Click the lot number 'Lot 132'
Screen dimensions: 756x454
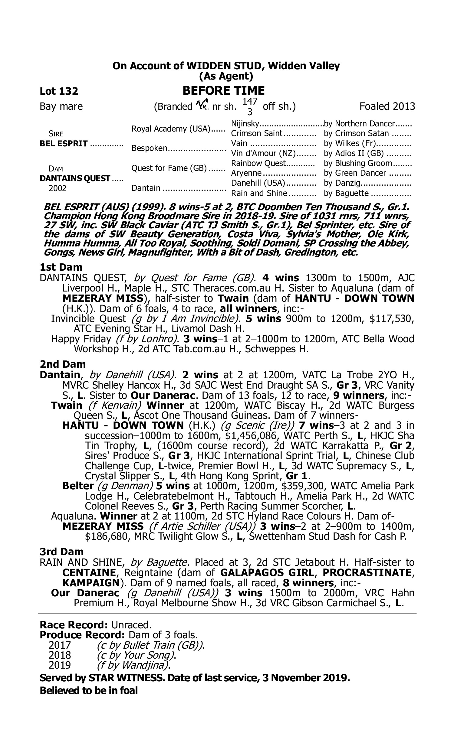pyautogui.click(x=59, y=91)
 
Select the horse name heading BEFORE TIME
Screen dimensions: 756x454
pyautogui.click(x=223, y=91)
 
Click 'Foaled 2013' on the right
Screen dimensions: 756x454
pyautogui.click(x=387, y=106)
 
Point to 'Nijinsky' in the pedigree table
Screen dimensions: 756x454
pyautogui.click(x=245, y=124)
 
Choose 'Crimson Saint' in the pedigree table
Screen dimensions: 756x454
pyautogui.click(x=256, y=134)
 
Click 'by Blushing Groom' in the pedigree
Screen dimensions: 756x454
pyautogui.click(x=358, y=163)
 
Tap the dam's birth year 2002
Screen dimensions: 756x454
pyautogui.click(x=58, y=188)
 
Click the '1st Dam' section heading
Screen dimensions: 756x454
pyautogui.click(x=61, y=267)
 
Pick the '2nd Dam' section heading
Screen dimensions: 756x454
pyautogui.click(x=63, y=364)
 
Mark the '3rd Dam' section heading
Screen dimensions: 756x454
pyautogui.click(x=62, y=552)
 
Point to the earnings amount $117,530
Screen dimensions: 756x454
pyautogui.click(x=392, y=319)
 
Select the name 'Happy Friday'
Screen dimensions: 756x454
pyautogui.click(x=81, y=339)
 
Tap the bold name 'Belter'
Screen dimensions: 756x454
pyautogui.click(x=78, y=486)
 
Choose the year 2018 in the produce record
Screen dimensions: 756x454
pyautogui.click(x=60, y=655)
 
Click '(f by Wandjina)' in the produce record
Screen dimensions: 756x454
pyautogui.click(x=133, y=665)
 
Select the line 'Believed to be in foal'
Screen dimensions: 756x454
pyautogui.click(x=89, y=690)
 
